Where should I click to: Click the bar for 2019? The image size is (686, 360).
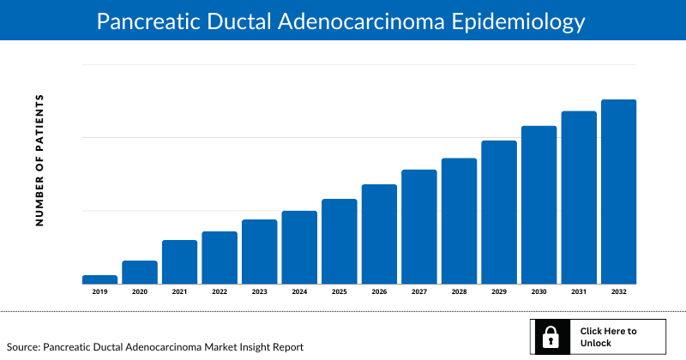[99, 279]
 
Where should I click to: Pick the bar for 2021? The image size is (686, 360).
[179, 262]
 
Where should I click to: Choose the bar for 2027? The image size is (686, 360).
[418, 227]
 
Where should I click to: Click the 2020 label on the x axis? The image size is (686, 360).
[140, 292]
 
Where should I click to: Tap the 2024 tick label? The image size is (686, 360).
[299, 292]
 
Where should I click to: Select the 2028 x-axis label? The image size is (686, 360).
[459, 292]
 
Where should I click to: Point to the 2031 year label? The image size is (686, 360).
[579, 292]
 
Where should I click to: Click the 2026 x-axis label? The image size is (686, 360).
[379, 292]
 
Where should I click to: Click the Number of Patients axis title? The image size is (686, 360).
[39, 160]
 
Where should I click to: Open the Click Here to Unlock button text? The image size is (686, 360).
[608, 337]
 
